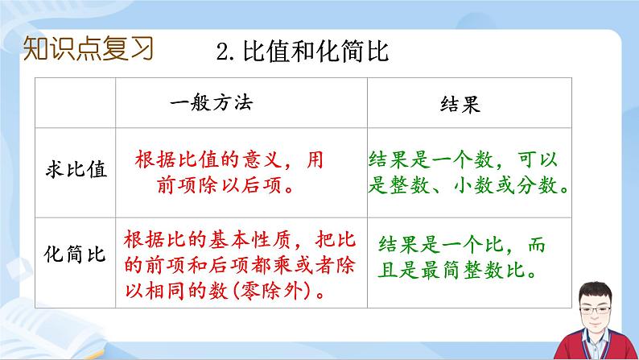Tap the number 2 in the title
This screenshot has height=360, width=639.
[224, 53]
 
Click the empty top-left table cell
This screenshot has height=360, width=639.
[76, 104]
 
